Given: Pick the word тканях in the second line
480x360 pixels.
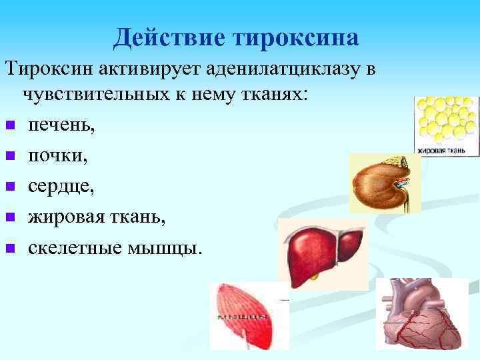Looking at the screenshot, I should [273, 94].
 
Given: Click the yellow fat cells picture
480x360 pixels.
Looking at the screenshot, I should [446, 120].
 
